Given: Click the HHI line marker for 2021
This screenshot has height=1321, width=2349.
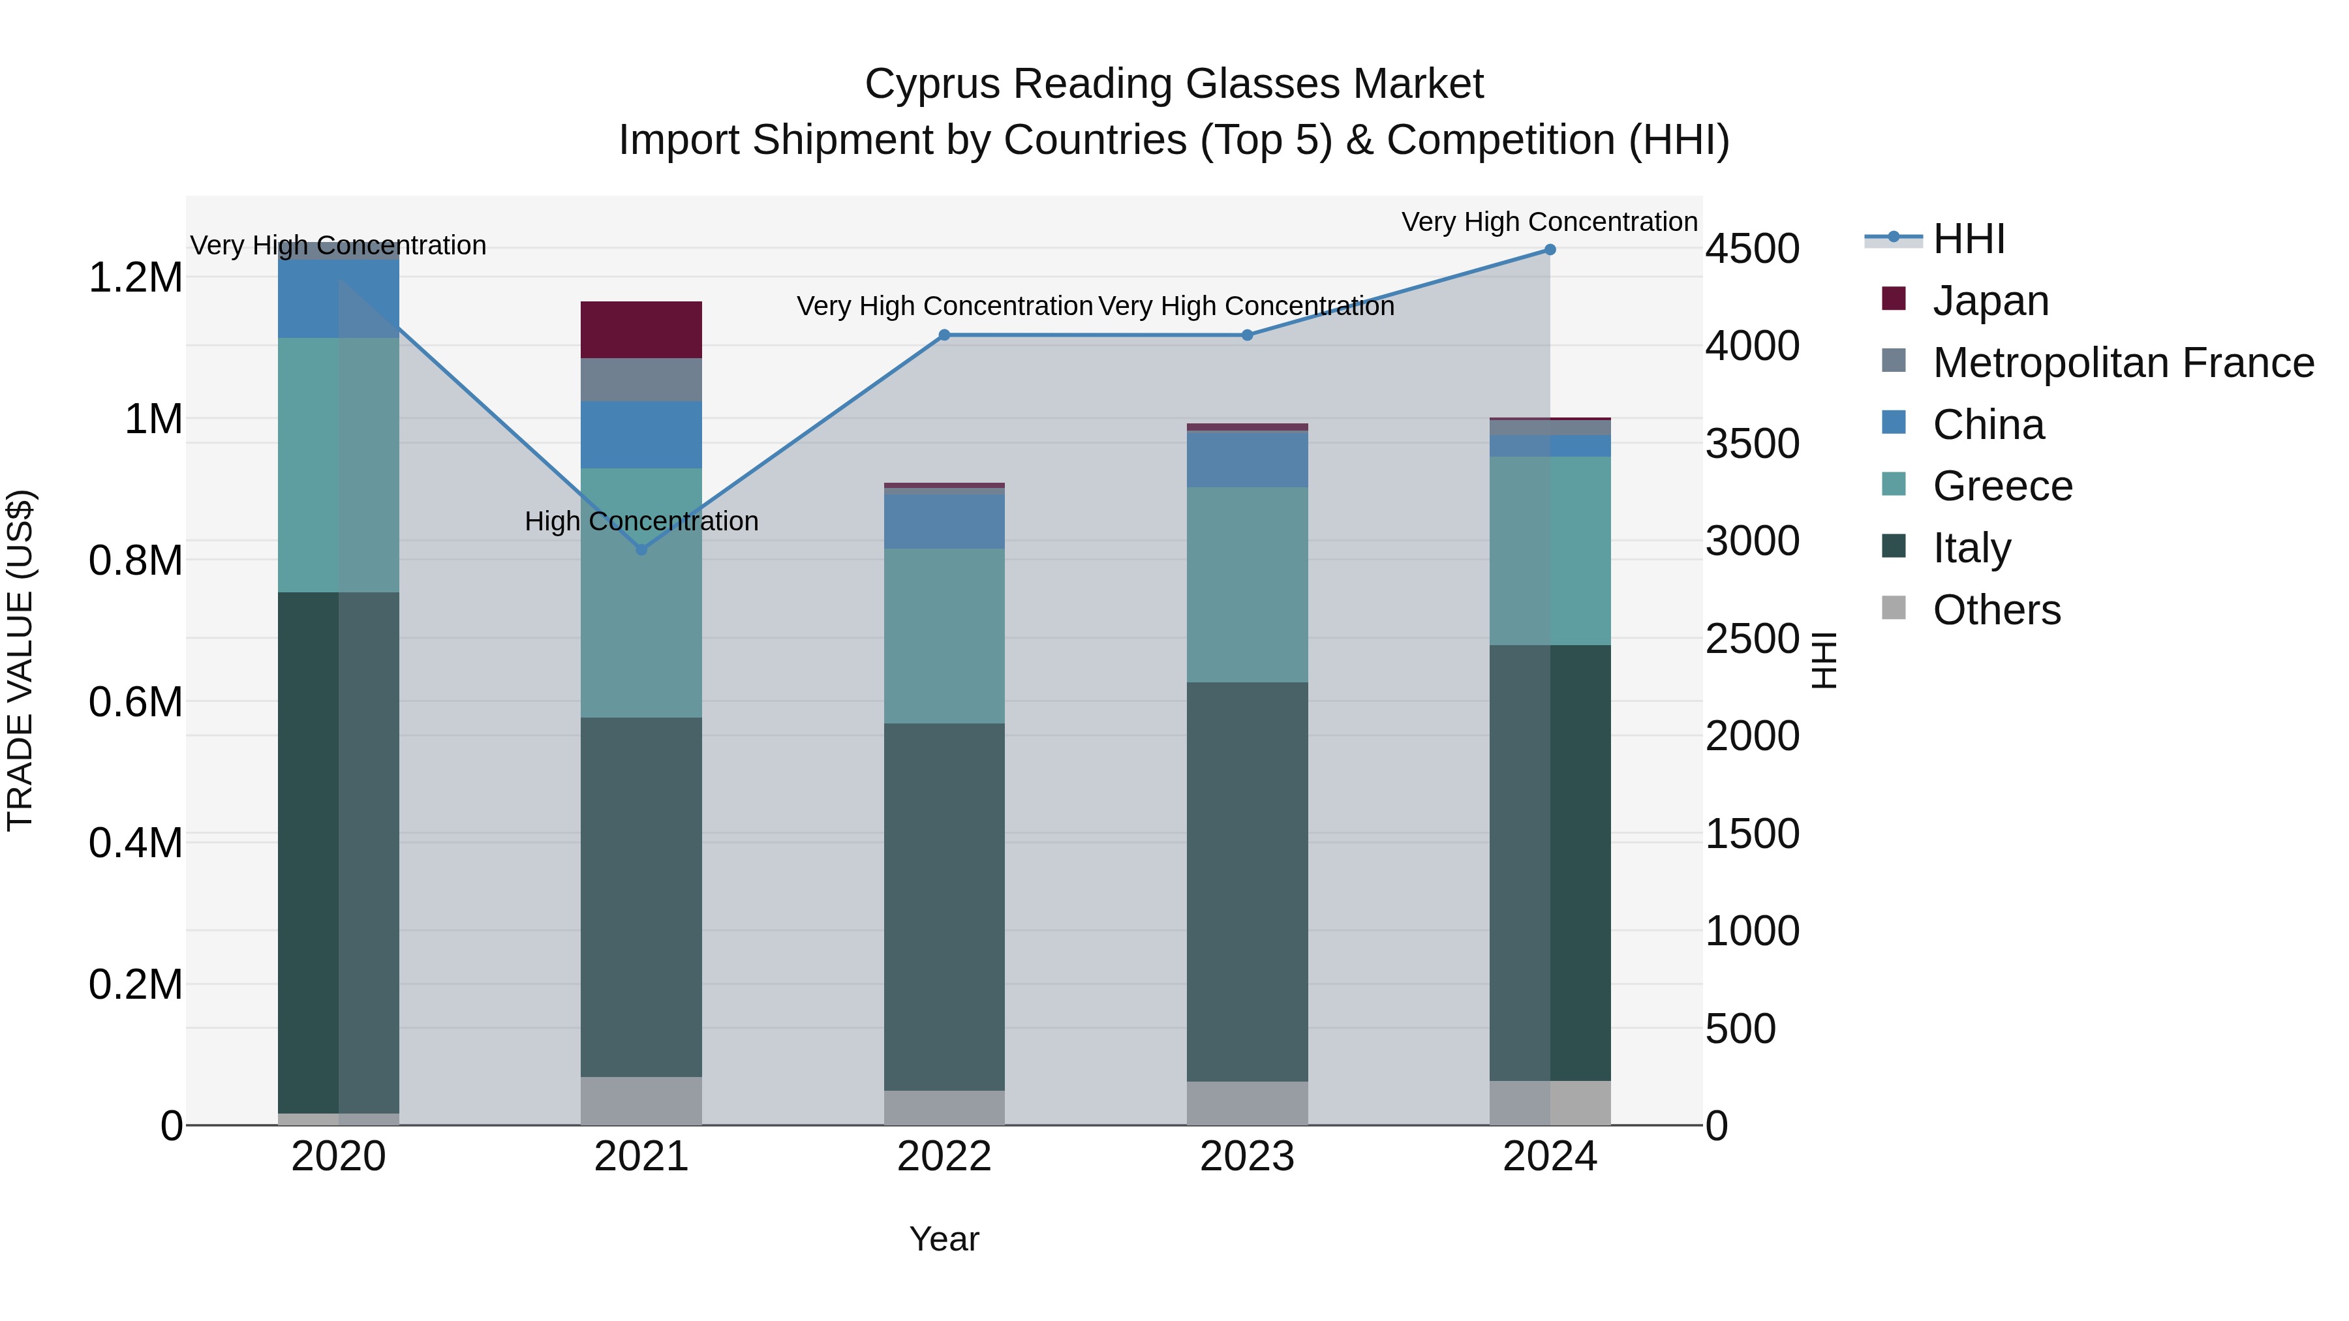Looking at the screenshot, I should (x=641, y=550).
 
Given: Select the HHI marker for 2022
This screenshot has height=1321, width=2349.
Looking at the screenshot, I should (x=944, y=335).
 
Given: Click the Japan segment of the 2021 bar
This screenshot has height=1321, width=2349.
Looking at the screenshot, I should (x=641, y=329).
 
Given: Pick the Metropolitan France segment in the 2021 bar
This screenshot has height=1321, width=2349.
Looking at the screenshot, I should (x=641, y=379).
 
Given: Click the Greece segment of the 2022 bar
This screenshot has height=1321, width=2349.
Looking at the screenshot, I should (x=944, y=635).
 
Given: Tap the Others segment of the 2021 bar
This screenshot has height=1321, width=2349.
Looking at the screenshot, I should (x=641, y=1101).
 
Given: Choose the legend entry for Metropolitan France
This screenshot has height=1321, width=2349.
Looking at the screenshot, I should (x=2123, y=363).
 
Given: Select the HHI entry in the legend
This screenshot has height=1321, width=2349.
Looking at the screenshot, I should (x=1968, y=239).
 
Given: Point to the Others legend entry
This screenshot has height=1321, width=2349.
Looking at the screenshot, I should (x=1995, y=610).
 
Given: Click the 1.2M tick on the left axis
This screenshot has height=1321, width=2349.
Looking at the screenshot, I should (x=135, y=278).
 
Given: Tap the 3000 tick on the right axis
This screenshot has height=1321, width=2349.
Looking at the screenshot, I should (x=1752, y=541).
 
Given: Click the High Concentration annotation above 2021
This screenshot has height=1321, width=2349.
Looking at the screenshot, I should (x=641, y=521).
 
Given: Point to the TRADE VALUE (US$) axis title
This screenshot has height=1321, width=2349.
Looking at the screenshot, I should (x=20, y=660).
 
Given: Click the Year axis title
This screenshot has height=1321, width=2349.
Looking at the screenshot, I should (x=944, y=1239).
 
